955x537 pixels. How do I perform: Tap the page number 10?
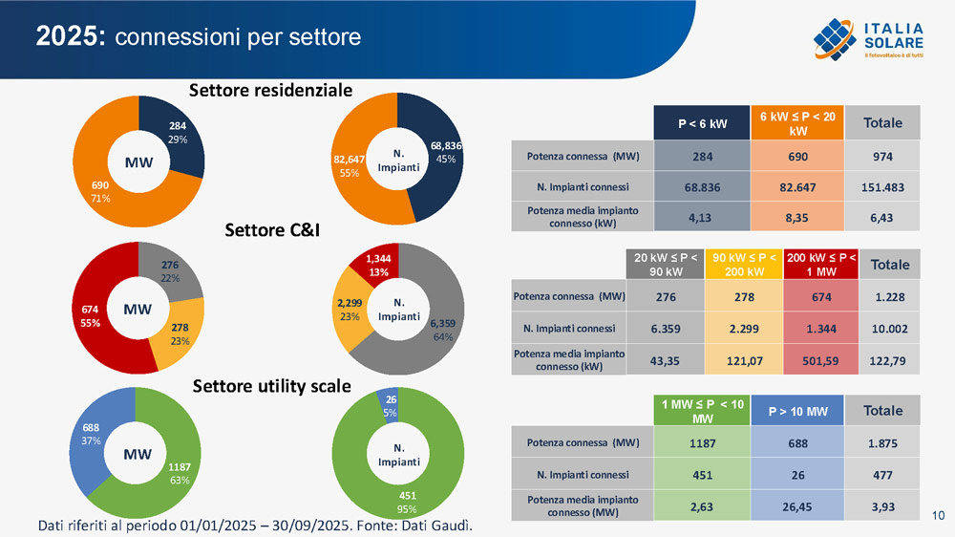pos(938,517)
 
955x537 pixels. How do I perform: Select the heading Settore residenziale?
pos(270,91)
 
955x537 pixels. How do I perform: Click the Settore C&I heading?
pos(270,230)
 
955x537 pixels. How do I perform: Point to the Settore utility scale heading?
pos(272,386)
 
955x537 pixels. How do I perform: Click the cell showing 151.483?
pos(882,187)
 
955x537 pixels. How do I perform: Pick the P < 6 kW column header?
pos(702,123)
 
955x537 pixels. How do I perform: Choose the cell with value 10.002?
pos(890,329)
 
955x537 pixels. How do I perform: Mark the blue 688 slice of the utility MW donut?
pos(92,440)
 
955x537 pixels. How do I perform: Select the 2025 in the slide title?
pos(70,36)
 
